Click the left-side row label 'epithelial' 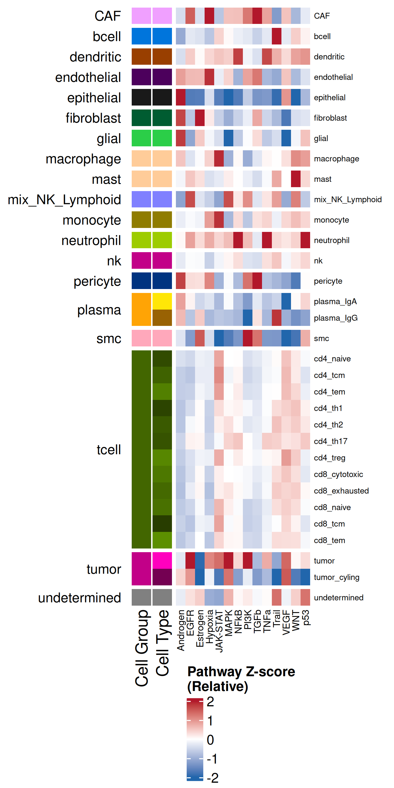[x=94, y=98]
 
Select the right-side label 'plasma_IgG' [x=335, y=318]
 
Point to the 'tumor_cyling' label [x=337, y=577]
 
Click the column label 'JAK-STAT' [x=219, y=631]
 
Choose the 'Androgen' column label [x=181, y=630]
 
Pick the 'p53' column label [x=306, y=618]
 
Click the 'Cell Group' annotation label [x=142, y=648]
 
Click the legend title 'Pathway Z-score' [x=241, y=672]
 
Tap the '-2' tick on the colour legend [x=212, y=778]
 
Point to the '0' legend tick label [x=210, y=740]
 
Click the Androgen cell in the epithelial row [x=180, y=97]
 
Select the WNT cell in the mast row [x=295, y=179]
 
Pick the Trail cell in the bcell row [x=277, y=36]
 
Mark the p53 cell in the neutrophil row [x=305, y=240]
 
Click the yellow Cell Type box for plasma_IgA [x=162, y=301]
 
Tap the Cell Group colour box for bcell [x=141, y=36]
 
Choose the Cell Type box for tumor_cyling [x=162, y=577]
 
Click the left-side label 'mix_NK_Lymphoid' [x=64, y=200]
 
